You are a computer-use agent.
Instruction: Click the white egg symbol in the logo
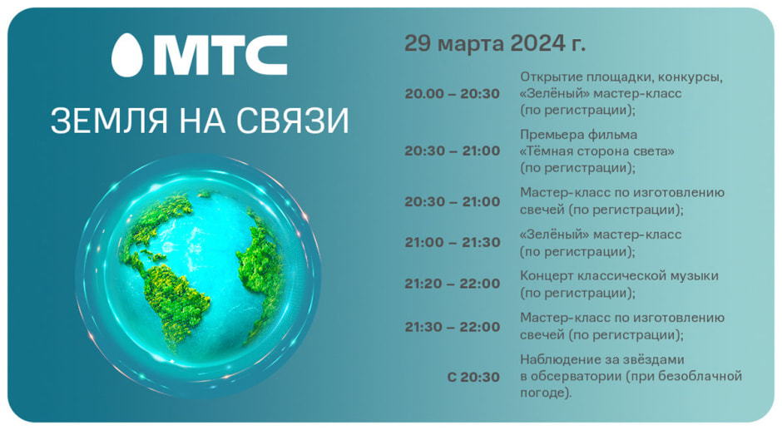[x=126, y=54]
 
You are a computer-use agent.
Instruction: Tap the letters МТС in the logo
[x=220, y=55]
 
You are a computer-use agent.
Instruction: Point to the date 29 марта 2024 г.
[x=495, y=43]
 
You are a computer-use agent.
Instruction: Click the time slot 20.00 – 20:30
[x=453, y=94]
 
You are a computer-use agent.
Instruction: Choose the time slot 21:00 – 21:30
[x=453, y=243]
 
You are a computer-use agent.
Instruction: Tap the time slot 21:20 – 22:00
[x=453, y=284]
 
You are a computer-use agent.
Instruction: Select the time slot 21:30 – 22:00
[x=453, y=327]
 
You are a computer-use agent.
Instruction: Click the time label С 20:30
[x=473, y=377]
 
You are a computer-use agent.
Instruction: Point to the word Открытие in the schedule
[x=550, y=77]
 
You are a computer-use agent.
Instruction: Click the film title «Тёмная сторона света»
[x=596, y=151]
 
